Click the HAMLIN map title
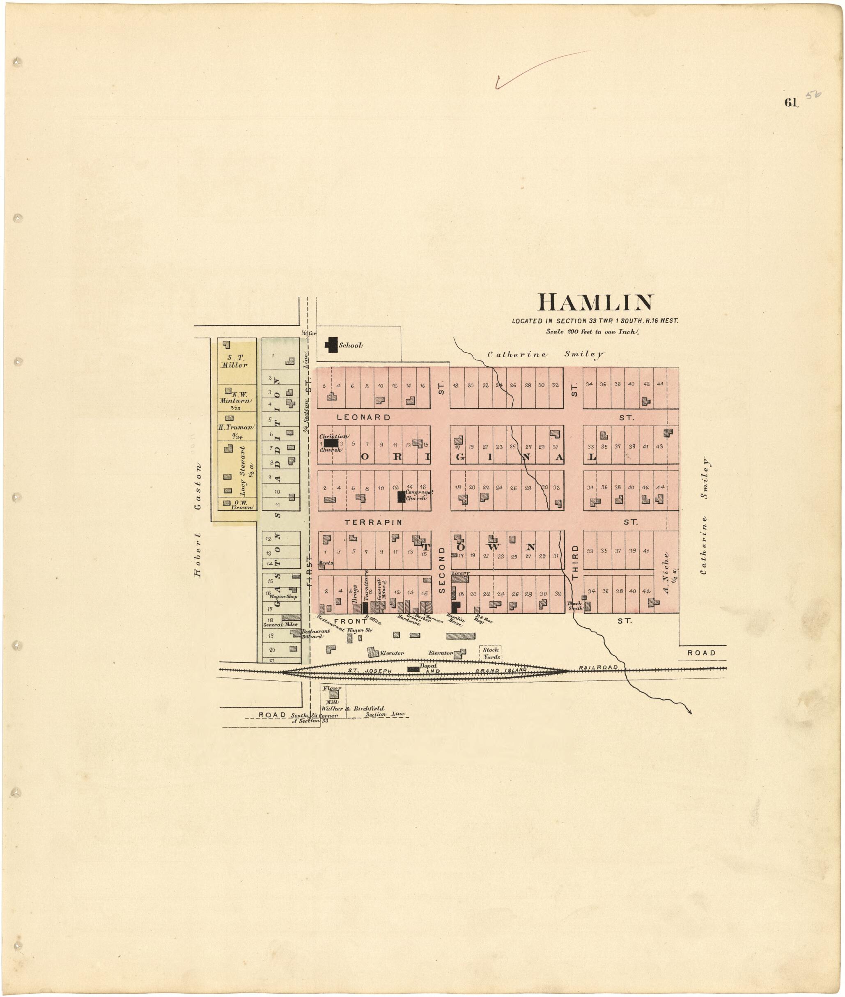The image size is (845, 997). [595, 303]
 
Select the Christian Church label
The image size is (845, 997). [334, 443]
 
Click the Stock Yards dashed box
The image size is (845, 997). [491, 653]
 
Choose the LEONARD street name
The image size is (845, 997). [364, 417]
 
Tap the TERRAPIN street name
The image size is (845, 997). [374, 522]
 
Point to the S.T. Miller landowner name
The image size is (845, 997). [235, 361]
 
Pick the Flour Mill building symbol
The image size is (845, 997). [334, 694]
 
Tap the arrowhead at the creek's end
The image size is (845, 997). [690, 712]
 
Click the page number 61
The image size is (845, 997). [790, 103]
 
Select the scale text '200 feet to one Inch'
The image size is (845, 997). [592, 331]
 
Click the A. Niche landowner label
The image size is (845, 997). [667, 572]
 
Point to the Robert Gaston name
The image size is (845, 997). [197, 520]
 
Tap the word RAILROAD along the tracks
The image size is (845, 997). [598, 667]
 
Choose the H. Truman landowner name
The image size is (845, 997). [236, 427]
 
